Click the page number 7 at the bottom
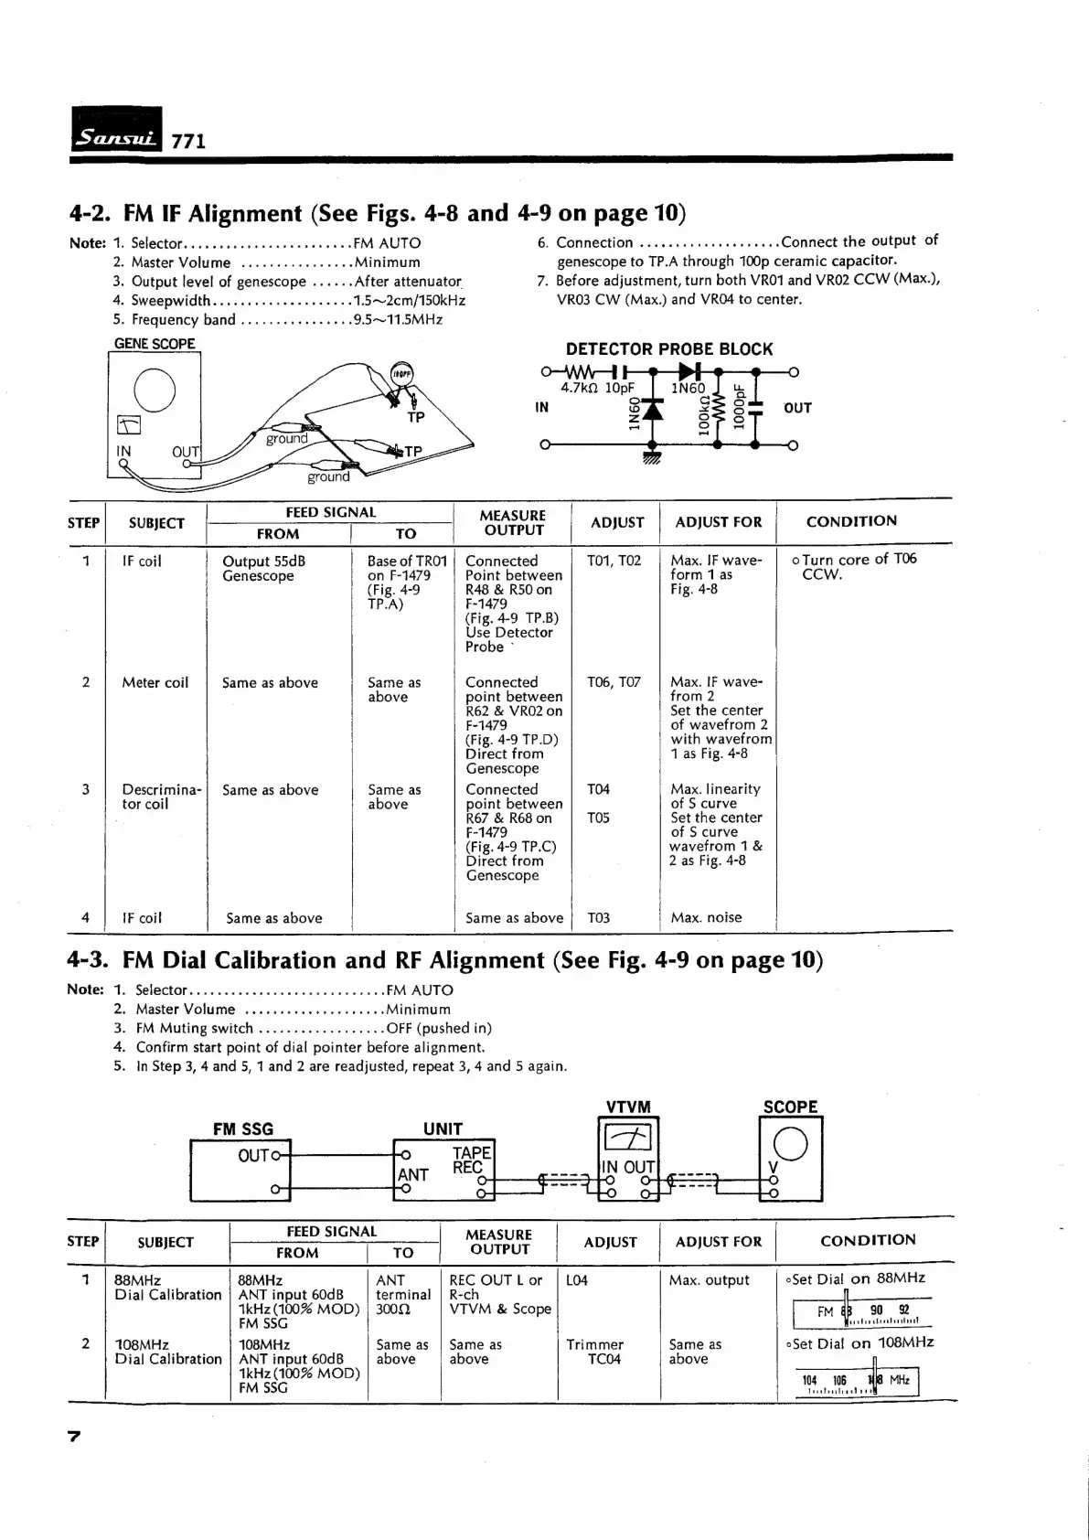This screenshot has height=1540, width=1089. (x=75, y=1437)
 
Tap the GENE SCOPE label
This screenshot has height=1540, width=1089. (x=155, y=344)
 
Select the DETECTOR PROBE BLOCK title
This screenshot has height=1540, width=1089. (x=668, y=349)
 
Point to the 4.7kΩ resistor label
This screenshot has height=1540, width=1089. (x=580, y=388)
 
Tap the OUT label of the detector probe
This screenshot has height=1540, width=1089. (x=797, y=408)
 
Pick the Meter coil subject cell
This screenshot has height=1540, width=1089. (x=155, y=682)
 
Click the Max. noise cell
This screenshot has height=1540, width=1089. (x=706, y=917)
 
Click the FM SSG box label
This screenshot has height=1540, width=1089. (x=242, y=1128)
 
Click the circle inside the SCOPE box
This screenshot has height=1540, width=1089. (x=790, y=1144)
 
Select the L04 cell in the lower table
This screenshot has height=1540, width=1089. (x=577, y=1280)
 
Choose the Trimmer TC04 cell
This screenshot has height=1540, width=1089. (x=594, y=1352)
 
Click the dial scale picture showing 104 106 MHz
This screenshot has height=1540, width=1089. (x=855, y=1381)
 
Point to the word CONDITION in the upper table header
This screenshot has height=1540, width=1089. (x=850, y=521)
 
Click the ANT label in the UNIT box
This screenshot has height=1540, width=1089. (x=412, y=1174)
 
